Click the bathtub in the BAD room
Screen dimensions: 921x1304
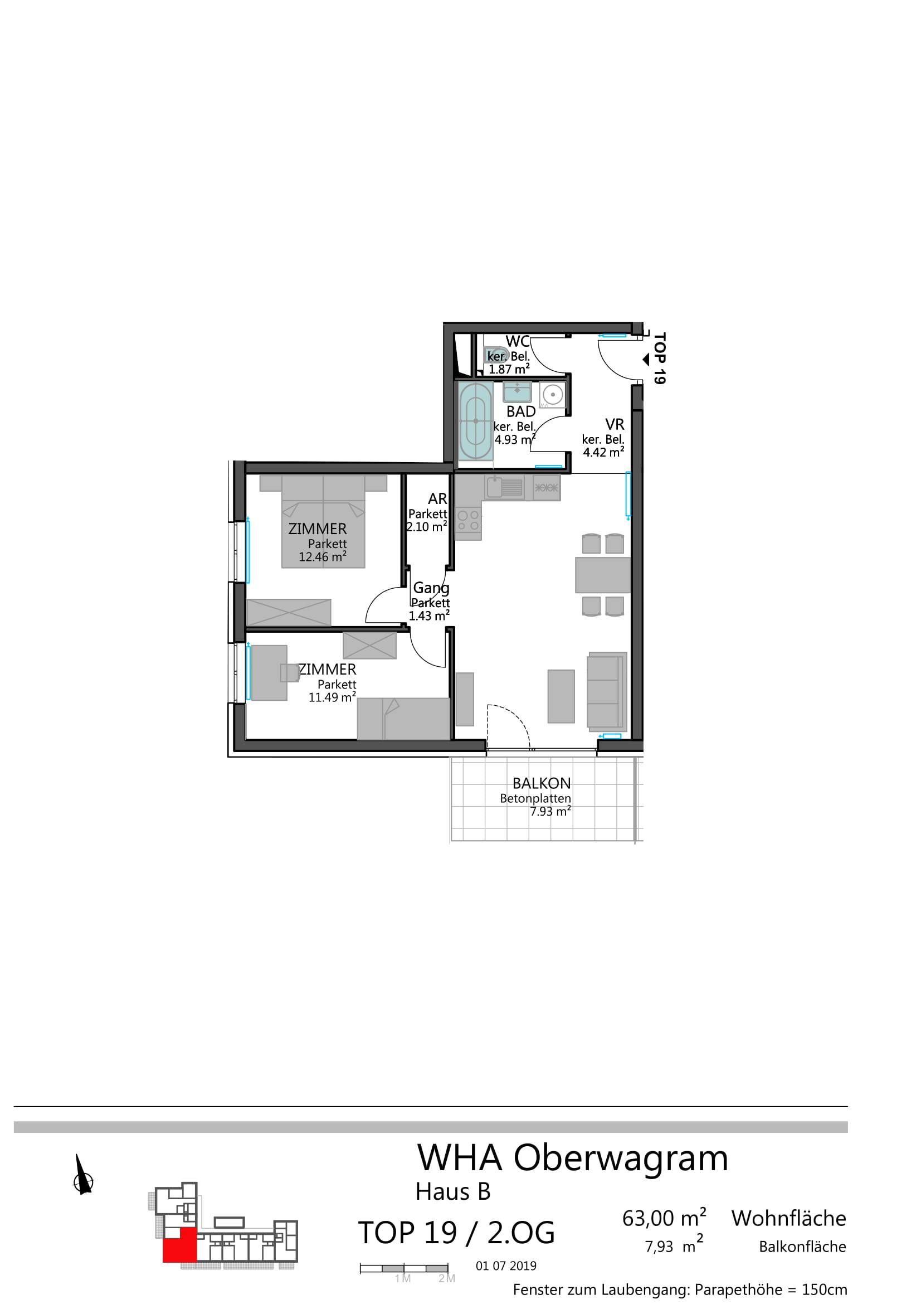point(475,421)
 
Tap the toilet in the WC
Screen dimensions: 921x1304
point(495,355)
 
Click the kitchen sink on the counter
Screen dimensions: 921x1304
point(504,487)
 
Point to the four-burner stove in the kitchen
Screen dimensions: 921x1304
point(468,520)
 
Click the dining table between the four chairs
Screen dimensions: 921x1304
point(603,575)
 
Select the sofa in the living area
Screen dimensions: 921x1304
point(607,691)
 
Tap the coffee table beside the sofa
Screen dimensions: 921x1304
point(561,696)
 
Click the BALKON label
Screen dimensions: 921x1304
point(542,784)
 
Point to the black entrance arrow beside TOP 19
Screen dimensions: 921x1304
point(646,360)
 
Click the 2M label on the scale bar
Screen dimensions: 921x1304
point(447,1278)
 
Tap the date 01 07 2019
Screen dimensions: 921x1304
point(506,1266)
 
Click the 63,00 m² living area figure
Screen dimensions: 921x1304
point(664,1218)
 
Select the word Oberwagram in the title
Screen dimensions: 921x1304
point(621,1158)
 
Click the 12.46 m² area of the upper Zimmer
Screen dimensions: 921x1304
point(322,556)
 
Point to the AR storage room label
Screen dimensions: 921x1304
point(437,498)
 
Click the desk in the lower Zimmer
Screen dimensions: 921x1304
point(270,673)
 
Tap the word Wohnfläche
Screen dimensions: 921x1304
point(789,1219)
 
